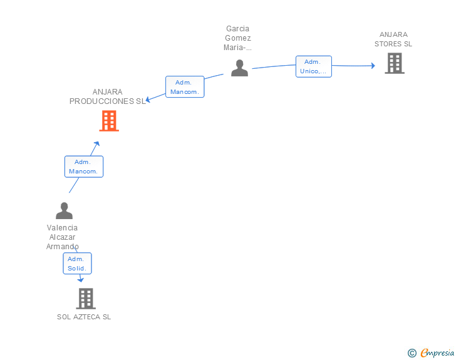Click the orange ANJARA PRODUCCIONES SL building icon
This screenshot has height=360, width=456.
(x=109, y=121)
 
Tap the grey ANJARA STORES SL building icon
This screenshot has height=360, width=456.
(x=394, y=63)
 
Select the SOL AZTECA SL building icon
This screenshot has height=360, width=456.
(x=86, y=299)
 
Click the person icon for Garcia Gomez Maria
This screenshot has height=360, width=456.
(x=239, y=68)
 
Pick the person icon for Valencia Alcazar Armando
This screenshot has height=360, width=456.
(x=64, y=210)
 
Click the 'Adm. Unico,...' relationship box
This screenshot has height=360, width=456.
(x=313, y=66)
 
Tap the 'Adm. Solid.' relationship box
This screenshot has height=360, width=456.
(x=77, y=264)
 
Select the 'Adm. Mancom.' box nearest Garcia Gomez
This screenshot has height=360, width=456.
(x=185, y=87)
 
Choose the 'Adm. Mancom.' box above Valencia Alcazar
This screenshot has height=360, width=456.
(x=84, y=167)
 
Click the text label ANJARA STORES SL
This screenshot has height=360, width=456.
(x=393, y=39)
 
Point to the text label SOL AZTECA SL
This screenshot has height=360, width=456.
(x=84, y=317)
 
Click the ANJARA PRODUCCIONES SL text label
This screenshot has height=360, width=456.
(x=107, y=96)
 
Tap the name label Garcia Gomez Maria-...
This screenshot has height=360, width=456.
(x=238, y=38)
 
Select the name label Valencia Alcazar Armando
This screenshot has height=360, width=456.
(x=62, y=237)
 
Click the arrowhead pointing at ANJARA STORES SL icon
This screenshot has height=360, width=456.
(x=373, y=65)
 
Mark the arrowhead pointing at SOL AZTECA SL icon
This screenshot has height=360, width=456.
(x=80, y=280)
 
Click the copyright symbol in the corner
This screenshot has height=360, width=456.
(x=412, y=353)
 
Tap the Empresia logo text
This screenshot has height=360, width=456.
(x=437, y=353)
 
